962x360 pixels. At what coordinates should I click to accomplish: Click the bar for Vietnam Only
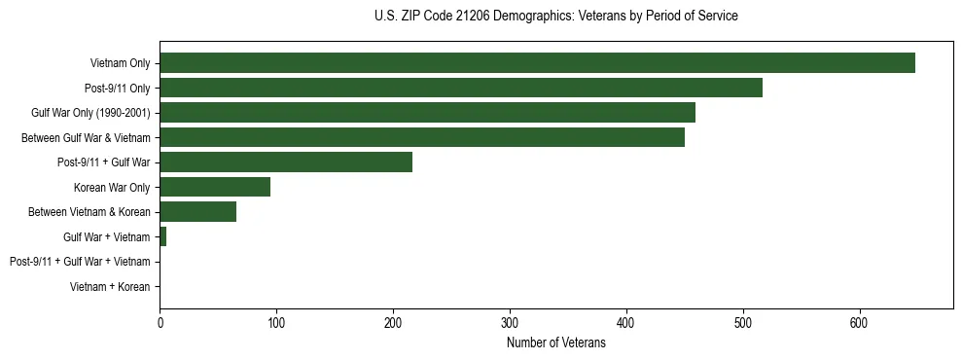tap(537, 63)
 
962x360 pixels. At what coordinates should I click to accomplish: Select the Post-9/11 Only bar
tap(461, 88)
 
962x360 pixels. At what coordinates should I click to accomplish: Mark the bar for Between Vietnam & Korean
tap(198, 212)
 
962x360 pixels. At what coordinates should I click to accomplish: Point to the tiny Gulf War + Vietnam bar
tap(163, 236)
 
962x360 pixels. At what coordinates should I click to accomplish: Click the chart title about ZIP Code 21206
tap(555, 17)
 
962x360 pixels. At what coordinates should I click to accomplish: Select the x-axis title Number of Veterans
tap(555, 343)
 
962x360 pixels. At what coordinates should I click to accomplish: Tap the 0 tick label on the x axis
tap(160, 322)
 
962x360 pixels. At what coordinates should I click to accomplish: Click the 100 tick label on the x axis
tap(276, 322)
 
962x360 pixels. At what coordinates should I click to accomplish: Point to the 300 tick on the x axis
tap(510, 322)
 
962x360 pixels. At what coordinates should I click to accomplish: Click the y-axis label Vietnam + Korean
tap(110, 287)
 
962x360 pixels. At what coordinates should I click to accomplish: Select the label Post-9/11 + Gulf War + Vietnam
tap(80, 262)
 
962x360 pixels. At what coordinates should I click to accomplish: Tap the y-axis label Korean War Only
tap(112, 187)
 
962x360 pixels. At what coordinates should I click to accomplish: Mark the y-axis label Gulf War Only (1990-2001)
tap(90, 113)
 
